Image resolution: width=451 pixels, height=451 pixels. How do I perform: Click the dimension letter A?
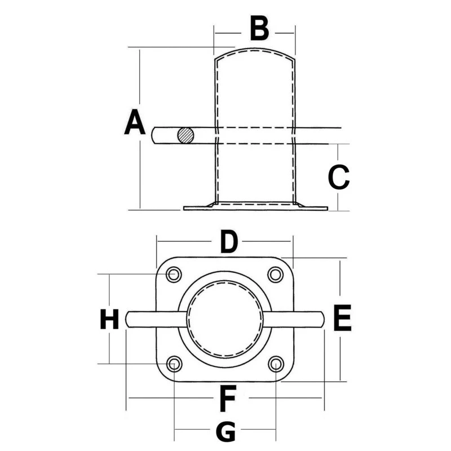135,123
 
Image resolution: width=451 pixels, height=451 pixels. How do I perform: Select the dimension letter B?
259,29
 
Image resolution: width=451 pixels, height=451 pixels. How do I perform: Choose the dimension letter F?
227,399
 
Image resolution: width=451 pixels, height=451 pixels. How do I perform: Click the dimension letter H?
109,319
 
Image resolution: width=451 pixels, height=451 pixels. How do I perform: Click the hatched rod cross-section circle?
185,135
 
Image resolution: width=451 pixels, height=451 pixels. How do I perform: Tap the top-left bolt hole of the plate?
174,275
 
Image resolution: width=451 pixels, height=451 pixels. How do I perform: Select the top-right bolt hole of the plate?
275,275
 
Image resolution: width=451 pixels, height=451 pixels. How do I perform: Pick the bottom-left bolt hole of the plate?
175,364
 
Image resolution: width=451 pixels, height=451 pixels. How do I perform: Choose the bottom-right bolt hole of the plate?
276,364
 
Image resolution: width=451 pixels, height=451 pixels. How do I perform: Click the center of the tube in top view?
225,319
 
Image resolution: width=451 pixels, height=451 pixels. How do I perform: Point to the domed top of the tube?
254,52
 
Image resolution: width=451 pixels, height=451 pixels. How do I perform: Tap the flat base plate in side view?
255,208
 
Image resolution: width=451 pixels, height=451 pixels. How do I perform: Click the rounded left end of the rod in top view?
129,319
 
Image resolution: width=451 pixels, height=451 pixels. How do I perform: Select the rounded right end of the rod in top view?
322,319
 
